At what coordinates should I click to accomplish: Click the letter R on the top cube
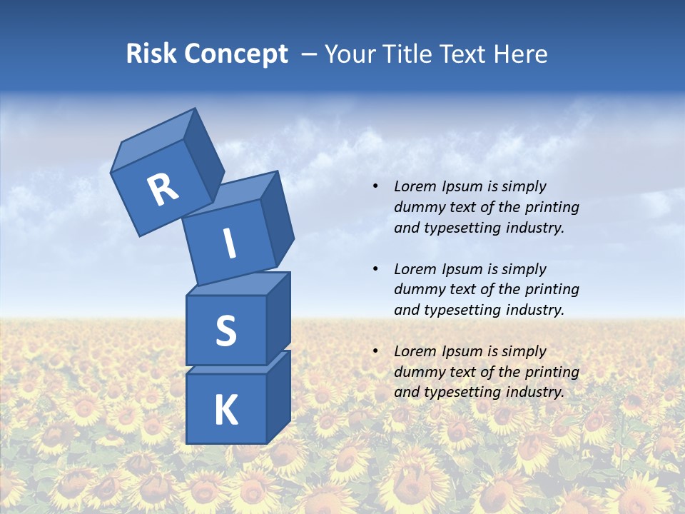coord(163,190)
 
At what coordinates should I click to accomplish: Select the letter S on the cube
coord(225,331)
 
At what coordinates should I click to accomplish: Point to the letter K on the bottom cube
coord(225,410)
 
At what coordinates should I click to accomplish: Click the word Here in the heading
coord(521,54)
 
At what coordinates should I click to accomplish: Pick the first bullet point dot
coord(375,187)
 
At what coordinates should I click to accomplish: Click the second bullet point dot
coord(375,269)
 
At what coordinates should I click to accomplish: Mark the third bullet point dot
coord(375,351)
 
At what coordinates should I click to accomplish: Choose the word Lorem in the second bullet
coord(415,269)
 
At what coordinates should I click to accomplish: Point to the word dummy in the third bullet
coord(417,372)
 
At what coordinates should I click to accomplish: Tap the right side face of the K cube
coord(278,396)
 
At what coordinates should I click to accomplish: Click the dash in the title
coord(310,55)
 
